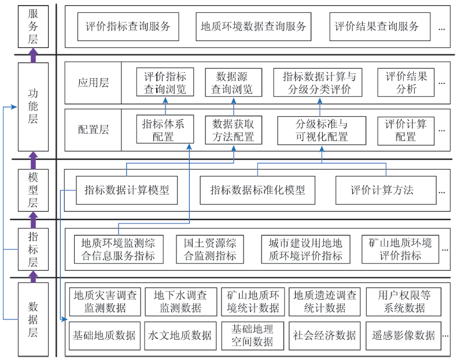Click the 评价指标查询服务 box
(x=128, y=27)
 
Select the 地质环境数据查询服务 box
(x=253, y=27)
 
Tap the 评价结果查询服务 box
(x=379, y=27)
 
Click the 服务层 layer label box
(x=33, y=27)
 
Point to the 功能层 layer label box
(x=33, y=106)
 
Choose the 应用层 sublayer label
(x=93, y=83)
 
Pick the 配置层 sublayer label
(x=93, y=130)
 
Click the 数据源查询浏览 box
(x=234, y=83)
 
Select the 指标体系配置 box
(x=165, y=129)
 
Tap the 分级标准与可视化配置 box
(x=322, y=130)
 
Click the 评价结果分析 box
(x=406, y=83)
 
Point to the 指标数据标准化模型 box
(x=257, y=190)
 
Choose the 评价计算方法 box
(x=386, y=190)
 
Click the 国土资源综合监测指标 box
(x=210, y=249)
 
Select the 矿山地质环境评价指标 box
(x=400, y=249)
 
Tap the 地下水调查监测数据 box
(x=181, y=302)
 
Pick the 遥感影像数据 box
(x=403, y=336)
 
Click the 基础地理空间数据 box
(x=252, y=336)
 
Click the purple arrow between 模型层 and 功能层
(x=33, y=160)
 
